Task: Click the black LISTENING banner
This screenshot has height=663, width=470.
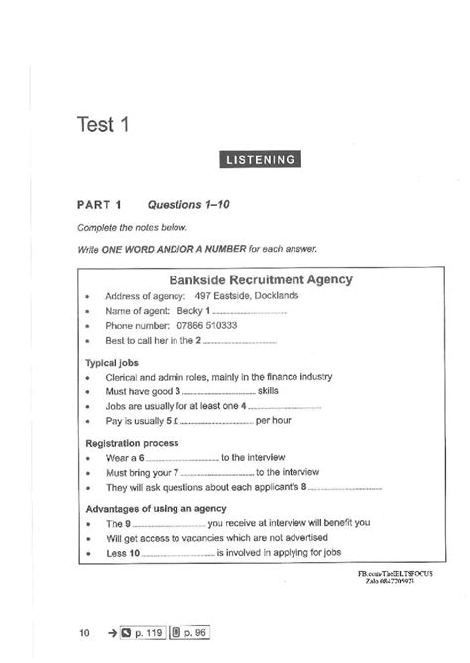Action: (x=262, y=159)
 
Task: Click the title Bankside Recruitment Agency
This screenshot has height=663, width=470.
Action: (x=262, y=279)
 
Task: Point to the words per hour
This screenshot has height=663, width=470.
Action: (x=275, y=421)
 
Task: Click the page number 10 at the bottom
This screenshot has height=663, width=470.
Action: (x=85, y=629)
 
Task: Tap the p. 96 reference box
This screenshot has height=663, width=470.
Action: (x=191, y=629)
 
